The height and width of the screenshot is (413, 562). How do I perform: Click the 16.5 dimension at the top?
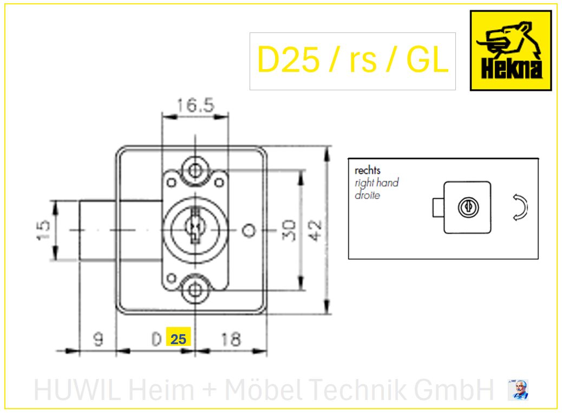tap(195, 105)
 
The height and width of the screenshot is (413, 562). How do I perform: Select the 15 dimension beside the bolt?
tap(43, 230)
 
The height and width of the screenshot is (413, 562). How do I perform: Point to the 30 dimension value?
tap(289, 230)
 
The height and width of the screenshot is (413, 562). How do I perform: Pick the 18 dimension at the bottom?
tap(231, 339)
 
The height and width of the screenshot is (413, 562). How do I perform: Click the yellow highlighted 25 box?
tap(178, 337)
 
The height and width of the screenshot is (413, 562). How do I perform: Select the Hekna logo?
tap(511, 50)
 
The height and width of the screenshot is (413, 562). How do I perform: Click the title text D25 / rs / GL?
tap(352, 59)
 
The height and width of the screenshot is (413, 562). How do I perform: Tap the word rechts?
tap(368, 170)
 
